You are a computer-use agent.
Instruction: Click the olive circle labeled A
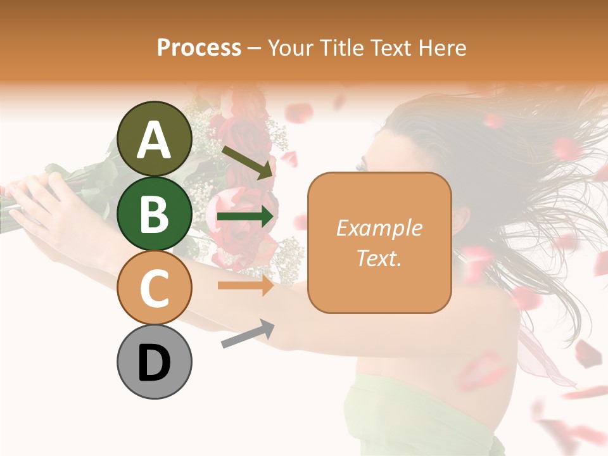pos(155,139)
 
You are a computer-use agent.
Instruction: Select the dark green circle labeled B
pos(155,214)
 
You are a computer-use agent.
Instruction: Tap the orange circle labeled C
pos(155,288)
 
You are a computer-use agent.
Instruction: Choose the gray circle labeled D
pos(155,362)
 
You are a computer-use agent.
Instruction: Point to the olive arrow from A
pos(248,161)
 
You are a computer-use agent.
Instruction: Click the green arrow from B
pos(245,217)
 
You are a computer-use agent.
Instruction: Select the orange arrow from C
pos(245,286)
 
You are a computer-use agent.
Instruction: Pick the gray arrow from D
pos(248,334)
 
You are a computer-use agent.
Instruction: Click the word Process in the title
pos(199,47)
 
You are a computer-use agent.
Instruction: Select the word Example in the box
pos(379,229)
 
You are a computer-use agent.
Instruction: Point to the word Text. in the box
pos(379,258)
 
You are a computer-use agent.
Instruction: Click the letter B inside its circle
pos(155,214)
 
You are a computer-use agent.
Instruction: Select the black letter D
pos(155,362)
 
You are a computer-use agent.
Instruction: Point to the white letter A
pos(155,139)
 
